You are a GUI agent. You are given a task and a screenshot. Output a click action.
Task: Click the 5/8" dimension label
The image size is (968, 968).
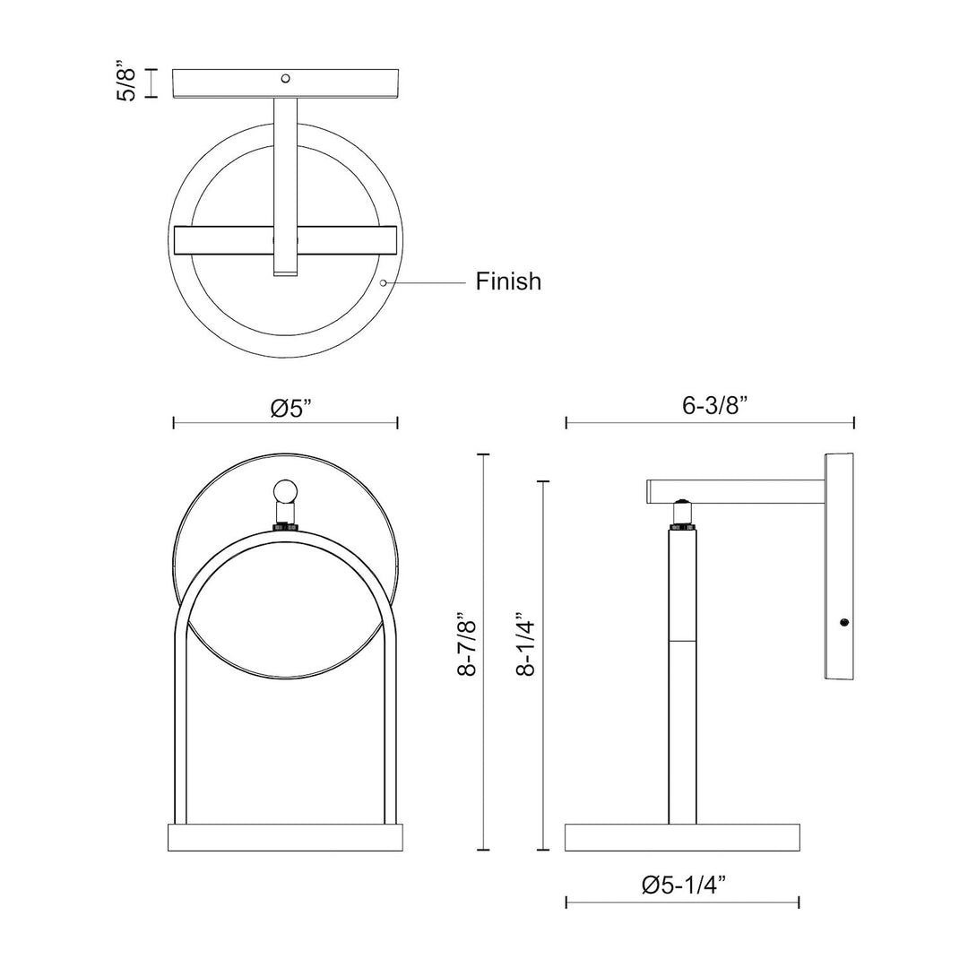click(x=127, y=81)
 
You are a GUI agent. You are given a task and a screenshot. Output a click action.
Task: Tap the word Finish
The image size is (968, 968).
click(x=508, y=281)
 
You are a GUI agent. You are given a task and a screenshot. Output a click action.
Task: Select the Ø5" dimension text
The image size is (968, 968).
click(x=291, y=408)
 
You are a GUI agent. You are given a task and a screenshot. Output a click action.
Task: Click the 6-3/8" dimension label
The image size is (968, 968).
click(x=715, y=406)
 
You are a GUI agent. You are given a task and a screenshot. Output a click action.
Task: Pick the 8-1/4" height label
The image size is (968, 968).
click(x=526, y=644)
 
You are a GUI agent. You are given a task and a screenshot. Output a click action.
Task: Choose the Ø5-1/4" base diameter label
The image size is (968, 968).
click(x=683, y=886)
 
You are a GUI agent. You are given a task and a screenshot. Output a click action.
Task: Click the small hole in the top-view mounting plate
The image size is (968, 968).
click(x=285, y=78)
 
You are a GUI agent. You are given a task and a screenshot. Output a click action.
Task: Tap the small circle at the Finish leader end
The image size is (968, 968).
click(x=384, y=282)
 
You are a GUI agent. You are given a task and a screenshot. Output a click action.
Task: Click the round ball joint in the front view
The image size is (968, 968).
click(x=285, y=492)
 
